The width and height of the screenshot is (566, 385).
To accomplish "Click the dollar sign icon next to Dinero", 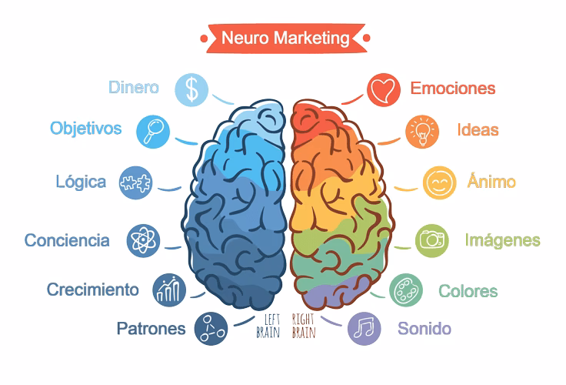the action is [191, 89].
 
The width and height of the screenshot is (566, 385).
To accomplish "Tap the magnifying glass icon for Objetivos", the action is [153, 132].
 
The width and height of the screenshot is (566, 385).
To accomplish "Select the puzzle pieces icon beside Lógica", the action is [135, 183].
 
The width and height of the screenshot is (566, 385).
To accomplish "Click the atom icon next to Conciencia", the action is [143, 241].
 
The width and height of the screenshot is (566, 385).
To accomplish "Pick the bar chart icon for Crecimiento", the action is [169, 290].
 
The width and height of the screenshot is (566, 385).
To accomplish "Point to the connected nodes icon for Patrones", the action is [211, 329].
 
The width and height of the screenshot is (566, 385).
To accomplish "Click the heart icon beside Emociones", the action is [384, 89].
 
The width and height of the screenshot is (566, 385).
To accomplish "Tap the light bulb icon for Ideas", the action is [422, 132].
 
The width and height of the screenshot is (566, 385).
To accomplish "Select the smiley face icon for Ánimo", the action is [439, 182].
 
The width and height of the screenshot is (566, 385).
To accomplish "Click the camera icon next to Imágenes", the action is [431, 241].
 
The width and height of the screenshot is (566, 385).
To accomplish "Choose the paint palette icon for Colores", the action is [406, 290].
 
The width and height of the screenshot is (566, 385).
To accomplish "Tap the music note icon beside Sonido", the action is [365, 329].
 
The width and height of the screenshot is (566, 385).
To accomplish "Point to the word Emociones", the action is [453, 89].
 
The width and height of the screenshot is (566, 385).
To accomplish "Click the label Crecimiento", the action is [93, 290].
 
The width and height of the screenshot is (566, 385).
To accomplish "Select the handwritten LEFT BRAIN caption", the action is [268, 326].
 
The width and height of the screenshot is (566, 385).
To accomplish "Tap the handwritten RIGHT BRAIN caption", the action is [304, 326].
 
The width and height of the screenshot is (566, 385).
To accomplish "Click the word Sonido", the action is [424, 329].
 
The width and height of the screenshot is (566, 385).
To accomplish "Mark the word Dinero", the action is [134, 88].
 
